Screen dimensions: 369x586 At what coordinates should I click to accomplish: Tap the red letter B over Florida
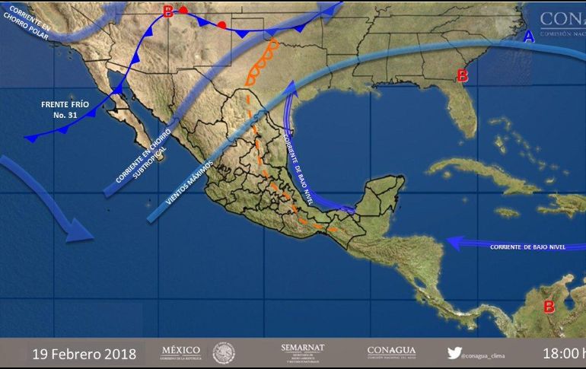point(461,75)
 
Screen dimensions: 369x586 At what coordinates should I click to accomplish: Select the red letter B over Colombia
point(548,307)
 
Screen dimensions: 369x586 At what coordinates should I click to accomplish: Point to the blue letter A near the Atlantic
point(529,36)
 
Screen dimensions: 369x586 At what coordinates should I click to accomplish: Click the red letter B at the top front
point(168,11)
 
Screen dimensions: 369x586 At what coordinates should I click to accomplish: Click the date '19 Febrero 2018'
point(84,355)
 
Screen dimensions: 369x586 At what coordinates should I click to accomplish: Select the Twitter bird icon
point(454,353)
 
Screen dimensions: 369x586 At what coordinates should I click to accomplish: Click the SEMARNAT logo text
point(302,348)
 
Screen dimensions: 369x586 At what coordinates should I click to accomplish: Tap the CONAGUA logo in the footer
point(391,352)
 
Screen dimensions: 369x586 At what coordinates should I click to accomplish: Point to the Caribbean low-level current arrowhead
point(451,243)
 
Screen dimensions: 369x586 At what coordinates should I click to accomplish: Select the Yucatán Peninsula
point(381,194)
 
